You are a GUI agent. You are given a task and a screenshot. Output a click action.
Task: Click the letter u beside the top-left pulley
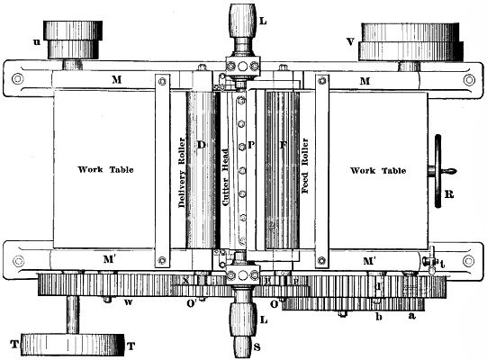36,40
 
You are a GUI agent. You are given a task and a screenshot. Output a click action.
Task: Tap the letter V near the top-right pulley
348,40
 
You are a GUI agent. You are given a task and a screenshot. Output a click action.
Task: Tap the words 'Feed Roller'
304,168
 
